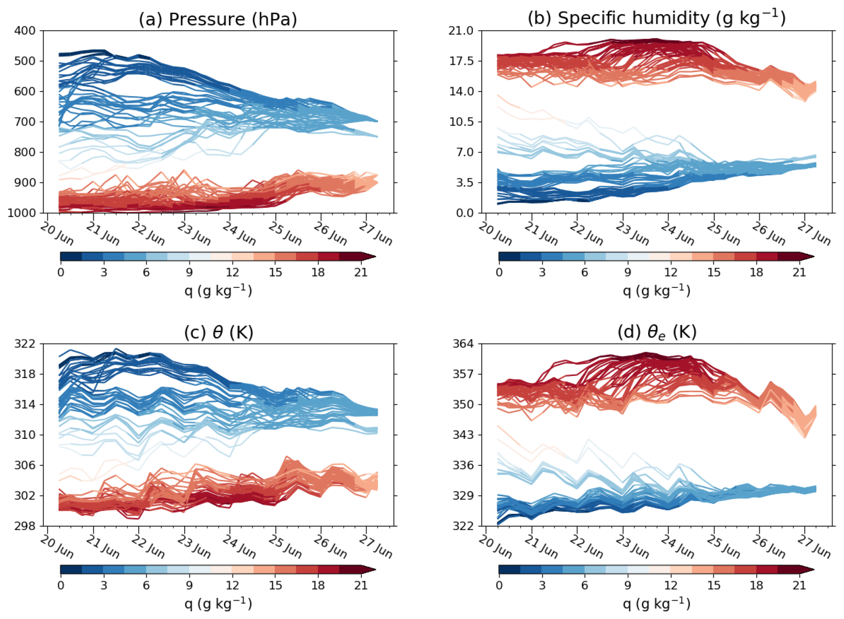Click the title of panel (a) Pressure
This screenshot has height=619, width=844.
point(218,19)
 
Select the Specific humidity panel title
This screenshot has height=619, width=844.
point(656,18)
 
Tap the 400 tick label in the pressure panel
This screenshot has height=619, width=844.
point(25,31)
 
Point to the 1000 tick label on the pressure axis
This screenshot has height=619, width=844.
point(22,213)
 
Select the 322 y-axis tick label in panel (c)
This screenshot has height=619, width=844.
point(25,344)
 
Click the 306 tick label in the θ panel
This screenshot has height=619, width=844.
point(25,465)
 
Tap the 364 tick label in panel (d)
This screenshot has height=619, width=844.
point(463,344)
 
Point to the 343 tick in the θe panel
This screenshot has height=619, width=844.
point(463,435)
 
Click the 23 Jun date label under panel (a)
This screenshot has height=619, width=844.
point(194,234)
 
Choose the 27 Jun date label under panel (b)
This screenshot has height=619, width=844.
point(814,234)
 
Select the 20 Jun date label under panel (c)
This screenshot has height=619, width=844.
point(57,547)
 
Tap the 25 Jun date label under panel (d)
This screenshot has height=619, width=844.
point(723,547)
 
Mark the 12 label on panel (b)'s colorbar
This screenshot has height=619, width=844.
point(671,272)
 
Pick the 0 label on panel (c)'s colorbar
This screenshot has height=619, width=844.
point(61,585)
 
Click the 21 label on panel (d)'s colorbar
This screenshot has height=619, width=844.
point(799,585)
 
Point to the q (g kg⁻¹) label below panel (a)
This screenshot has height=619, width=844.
point(218,290)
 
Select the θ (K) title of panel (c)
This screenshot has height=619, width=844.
point(218,332)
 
